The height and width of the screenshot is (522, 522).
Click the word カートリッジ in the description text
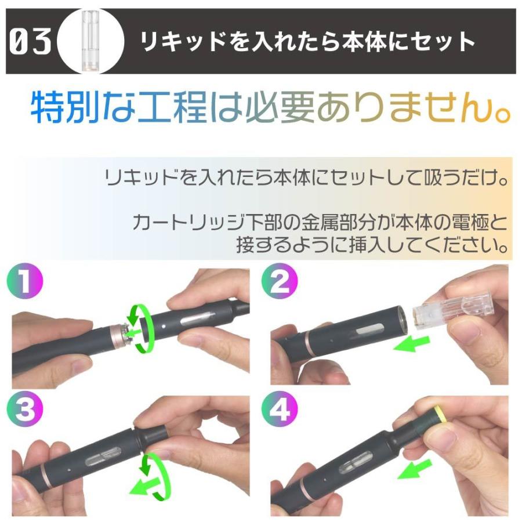(182, 222)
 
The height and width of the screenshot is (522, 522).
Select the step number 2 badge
(280, 283)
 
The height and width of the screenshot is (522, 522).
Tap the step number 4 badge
(280, 410)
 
